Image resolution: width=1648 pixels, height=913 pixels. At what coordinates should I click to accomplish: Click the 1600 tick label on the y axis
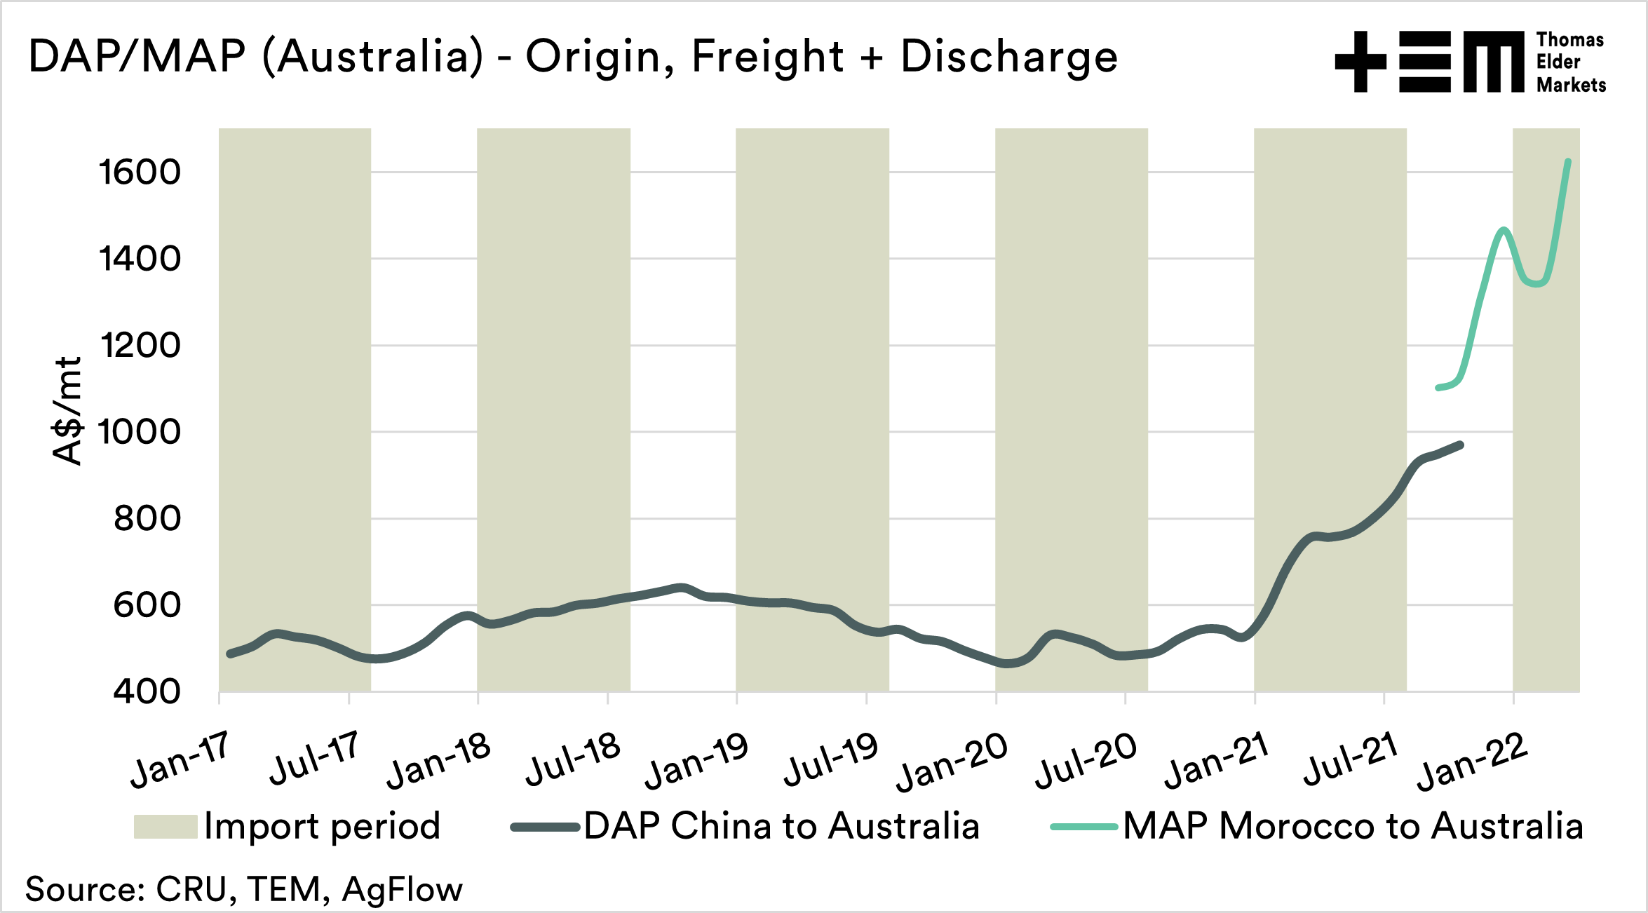[140, 173]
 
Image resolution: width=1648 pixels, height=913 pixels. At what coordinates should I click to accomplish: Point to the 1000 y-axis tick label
[140, 432]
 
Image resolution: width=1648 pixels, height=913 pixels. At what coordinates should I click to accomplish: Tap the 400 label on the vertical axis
[147, 691]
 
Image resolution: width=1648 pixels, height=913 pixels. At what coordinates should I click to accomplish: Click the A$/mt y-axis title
[68, 411]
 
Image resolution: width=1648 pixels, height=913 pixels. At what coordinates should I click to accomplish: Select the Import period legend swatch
[166, 827]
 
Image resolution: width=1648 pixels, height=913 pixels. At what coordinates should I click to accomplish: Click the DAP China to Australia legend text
[781, 826]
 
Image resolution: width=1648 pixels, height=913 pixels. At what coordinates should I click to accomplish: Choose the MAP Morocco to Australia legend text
[1353, 826]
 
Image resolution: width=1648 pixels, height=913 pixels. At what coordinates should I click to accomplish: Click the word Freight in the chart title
[767, 56]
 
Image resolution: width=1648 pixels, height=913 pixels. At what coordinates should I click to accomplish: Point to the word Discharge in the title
[1009, 56]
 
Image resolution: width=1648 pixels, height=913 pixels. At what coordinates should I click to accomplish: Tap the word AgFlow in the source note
[403, 889]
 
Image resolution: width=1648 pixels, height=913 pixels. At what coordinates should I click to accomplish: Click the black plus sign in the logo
[1360, 62]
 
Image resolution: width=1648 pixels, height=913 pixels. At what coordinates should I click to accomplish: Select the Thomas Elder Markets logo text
[1570, 62]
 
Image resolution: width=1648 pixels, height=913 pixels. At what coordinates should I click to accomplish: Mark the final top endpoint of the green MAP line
[1568, 162]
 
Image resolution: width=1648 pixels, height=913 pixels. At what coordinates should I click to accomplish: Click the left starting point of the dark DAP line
[230, 654]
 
